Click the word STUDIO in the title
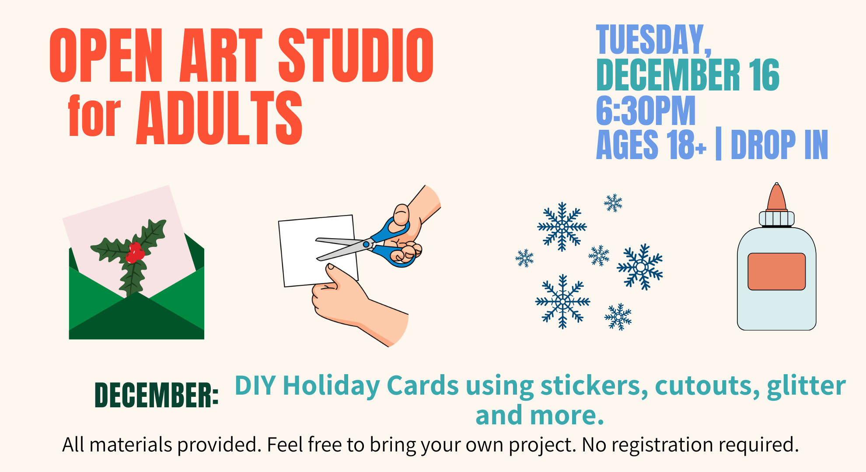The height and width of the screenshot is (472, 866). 356,55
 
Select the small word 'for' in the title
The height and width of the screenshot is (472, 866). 94,116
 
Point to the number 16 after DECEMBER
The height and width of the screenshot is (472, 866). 764,75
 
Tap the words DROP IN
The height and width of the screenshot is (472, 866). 779,144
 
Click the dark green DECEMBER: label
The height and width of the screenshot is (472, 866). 157,395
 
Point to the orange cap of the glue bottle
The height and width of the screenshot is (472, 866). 777,197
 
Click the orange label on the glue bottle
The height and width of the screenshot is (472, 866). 776,271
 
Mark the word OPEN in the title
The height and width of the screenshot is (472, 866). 106,55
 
